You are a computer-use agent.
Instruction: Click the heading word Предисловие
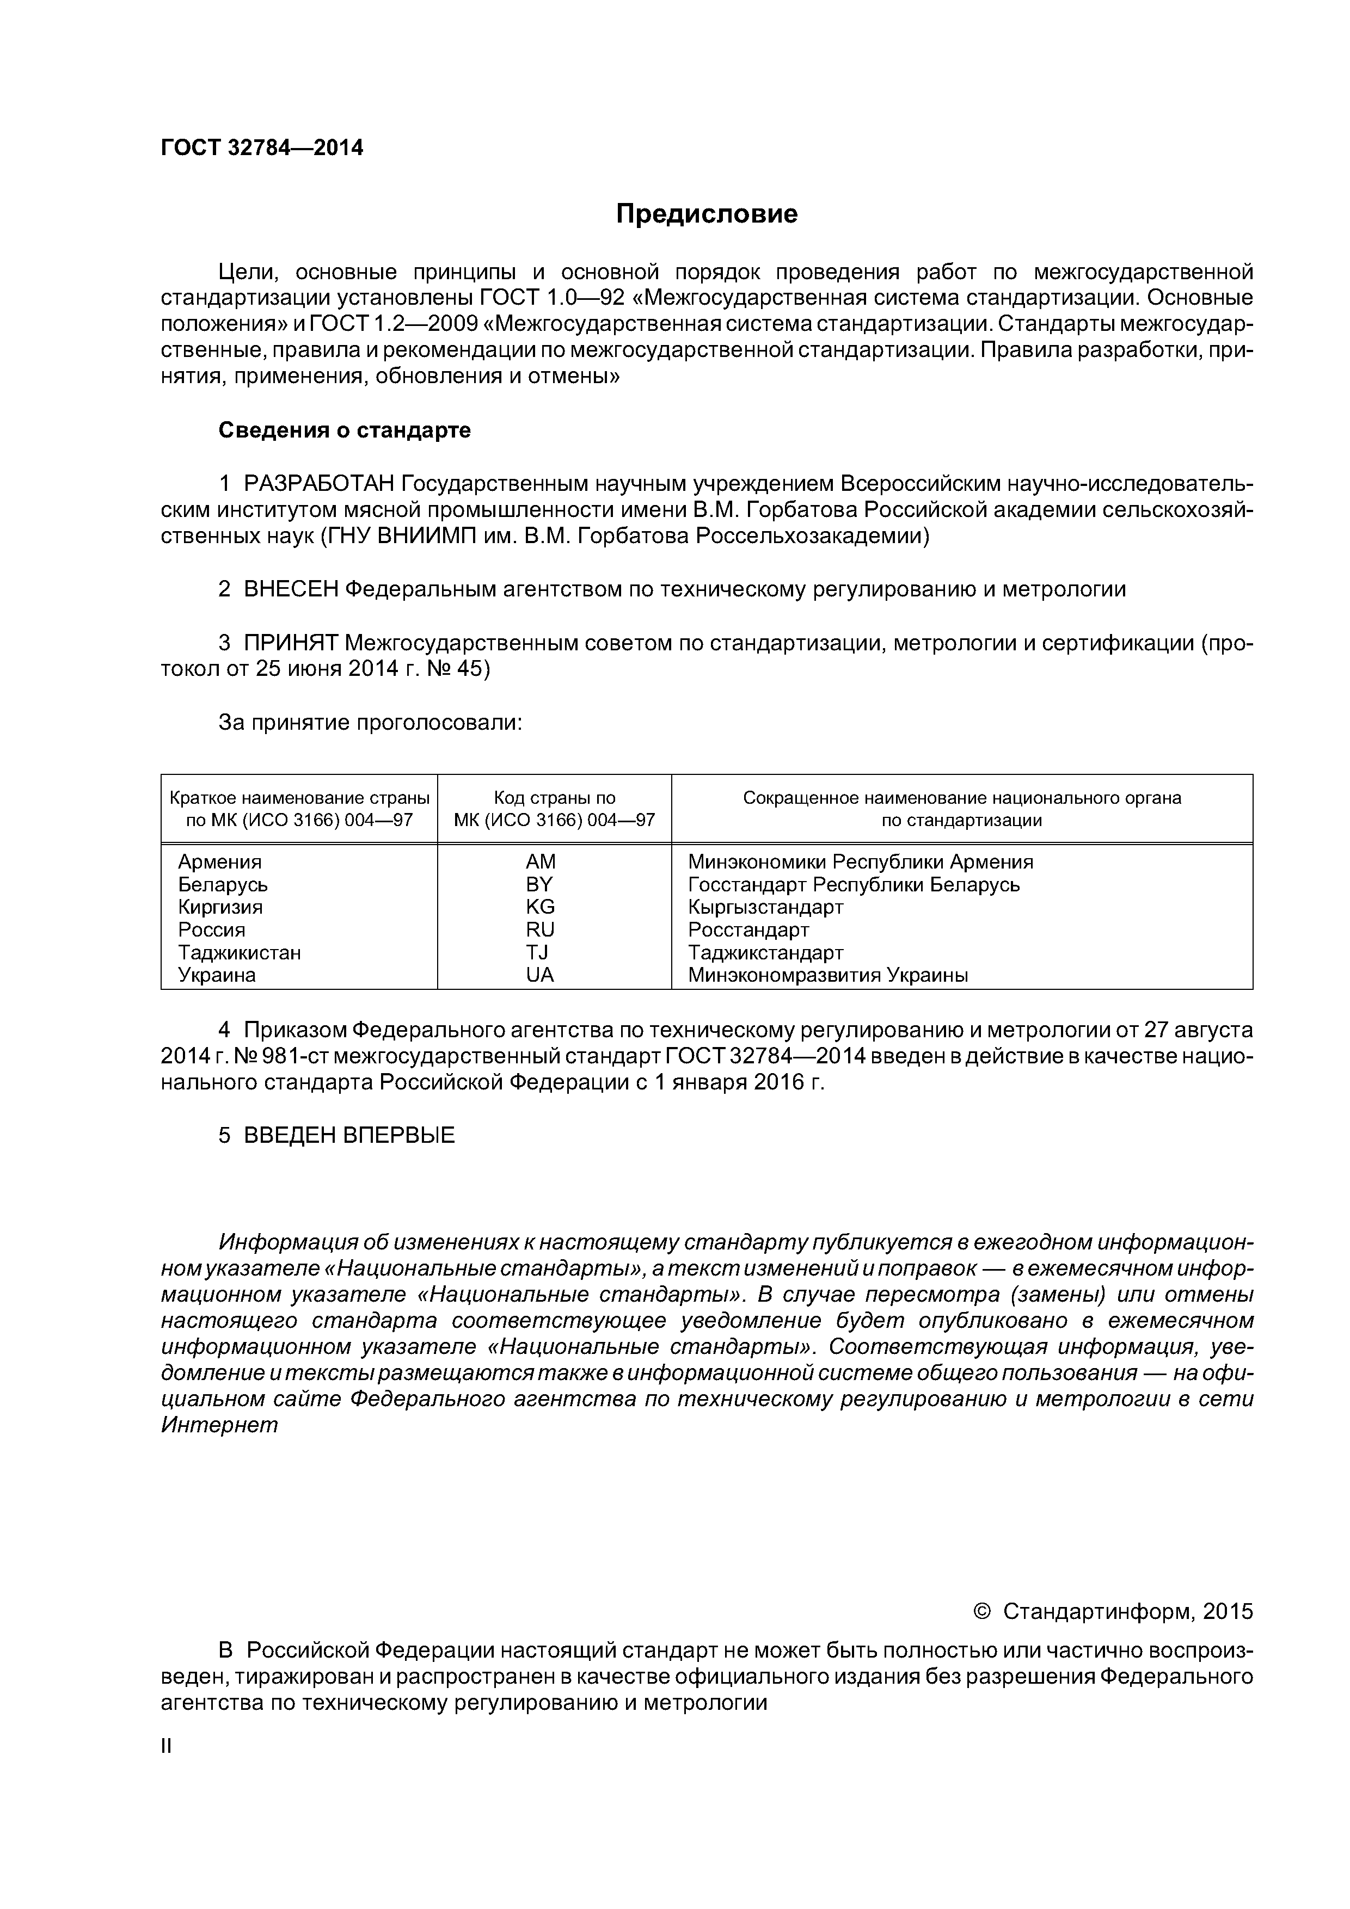tap(706, 214)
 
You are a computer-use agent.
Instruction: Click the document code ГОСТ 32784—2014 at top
tap(262, 148)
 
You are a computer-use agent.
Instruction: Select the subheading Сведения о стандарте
tap(345, 430)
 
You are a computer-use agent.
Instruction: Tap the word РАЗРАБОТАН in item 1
tap(318, 484)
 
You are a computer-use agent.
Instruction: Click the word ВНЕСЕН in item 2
tap(291, 589)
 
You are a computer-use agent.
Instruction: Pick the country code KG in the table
tap(540, 907)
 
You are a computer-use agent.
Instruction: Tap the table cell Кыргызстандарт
tap(765, 907)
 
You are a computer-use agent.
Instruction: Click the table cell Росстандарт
tap(748, 929)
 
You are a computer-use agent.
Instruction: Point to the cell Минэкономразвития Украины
tap(827, 975)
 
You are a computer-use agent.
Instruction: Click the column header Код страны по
tap(554, 798)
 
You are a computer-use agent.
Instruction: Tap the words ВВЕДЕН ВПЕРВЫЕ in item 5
tap(349, 1135)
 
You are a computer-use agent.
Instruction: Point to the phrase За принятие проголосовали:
tap(370, 723)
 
